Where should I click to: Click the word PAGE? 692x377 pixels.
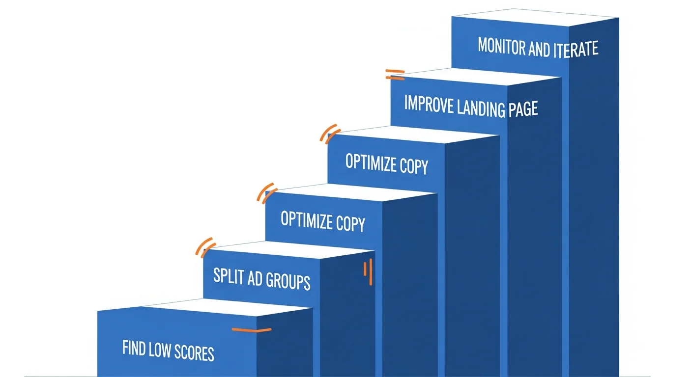(x=523, y=108)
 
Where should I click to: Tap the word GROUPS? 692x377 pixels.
(x=288, y=281)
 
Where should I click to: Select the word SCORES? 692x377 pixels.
(x=194, y=352)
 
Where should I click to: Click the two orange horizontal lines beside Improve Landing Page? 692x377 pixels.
(x=395, y=75)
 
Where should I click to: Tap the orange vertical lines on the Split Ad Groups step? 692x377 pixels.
(x=368, y=272)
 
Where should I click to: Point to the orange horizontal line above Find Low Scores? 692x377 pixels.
(x=252, y=330)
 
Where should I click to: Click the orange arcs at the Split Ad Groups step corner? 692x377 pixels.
(x=205, y=247)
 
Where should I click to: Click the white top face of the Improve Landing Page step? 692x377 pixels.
(x=476, y=76)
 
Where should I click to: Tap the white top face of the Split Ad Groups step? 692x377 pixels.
(x=289, y=249)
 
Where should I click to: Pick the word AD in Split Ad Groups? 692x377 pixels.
(x=255, y=278)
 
